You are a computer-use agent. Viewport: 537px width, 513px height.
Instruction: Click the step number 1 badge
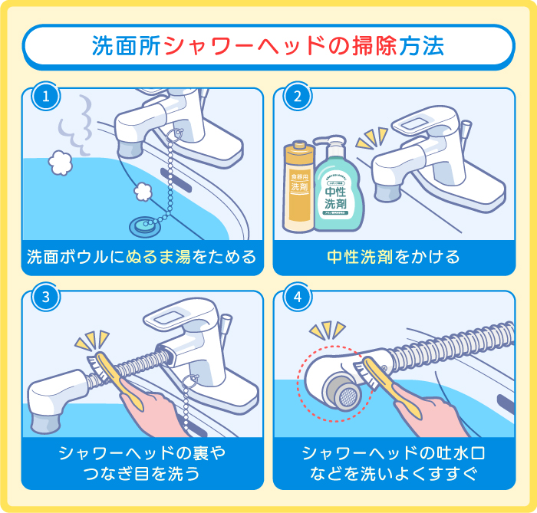[x=46, y=97]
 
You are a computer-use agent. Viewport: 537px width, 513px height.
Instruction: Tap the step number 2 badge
[x=297, y=97]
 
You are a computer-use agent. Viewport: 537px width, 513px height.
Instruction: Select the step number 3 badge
[x=46, y=299]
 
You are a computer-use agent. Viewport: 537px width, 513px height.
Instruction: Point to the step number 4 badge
[x=297, y=299]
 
